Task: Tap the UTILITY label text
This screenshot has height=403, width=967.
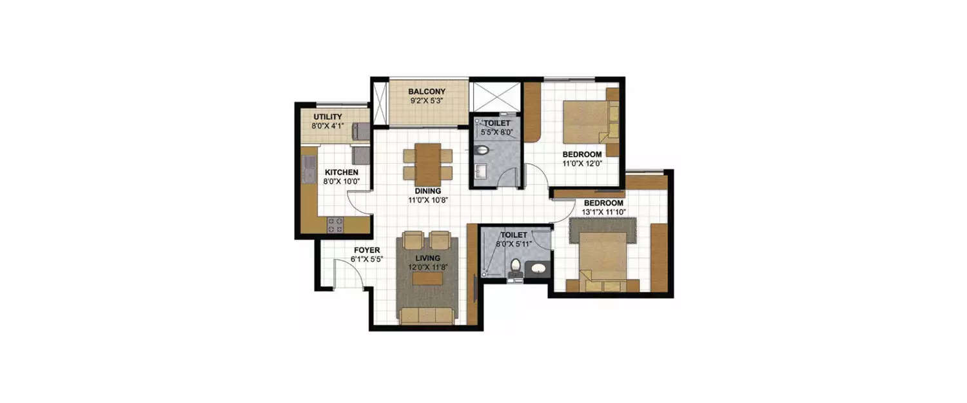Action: (327, 117)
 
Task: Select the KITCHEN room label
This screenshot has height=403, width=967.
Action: (341, 173)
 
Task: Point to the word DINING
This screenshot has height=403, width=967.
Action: (428, 191)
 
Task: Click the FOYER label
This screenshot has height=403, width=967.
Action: (366, 250)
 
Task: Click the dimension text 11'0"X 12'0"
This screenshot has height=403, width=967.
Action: (582, 164)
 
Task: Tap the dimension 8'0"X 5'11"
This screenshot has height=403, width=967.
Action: (514, 244)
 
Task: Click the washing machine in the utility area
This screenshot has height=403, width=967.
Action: (360, 132)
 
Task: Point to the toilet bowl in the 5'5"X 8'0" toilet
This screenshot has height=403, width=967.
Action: (481, 150)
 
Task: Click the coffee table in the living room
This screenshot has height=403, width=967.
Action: (427, 278)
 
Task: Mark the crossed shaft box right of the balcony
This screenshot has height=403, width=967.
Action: (495, 97)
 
